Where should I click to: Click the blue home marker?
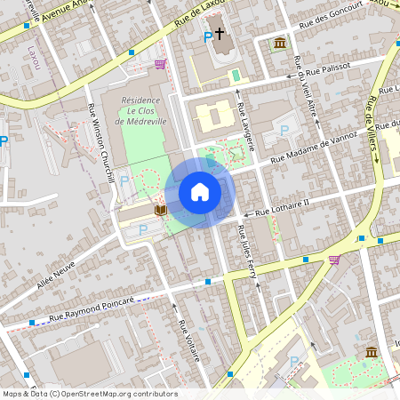coord(199,191)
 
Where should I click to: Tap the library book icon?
coord(160,211)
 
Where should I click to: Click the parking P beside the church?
coord(208,36)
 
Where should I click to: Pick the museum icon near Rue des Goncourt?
coord(280,43)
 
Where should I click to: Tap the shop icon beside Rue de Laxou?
coord(160,64)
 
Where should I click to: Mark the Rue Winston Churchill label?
coord(101,141)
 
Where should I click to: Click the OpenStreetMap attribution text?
coord(90,394)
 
